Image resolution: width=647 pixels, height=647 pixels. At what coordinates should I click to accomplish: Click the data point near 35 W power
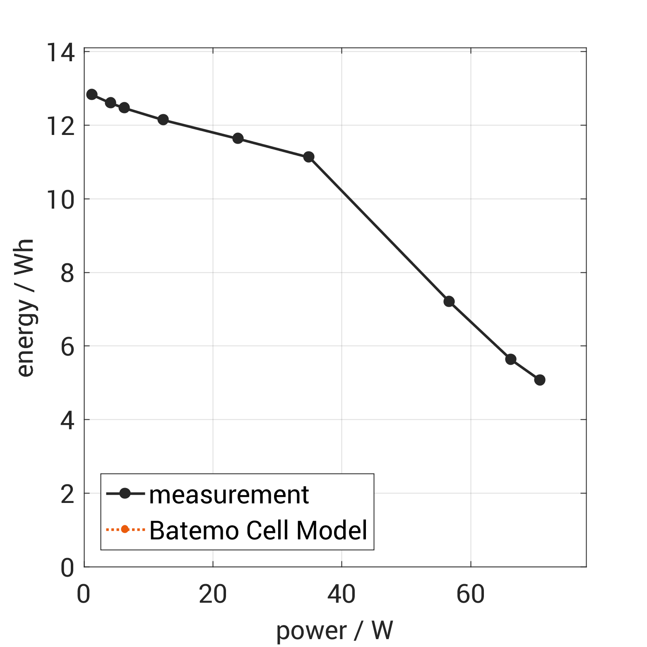click(x=308, y=157)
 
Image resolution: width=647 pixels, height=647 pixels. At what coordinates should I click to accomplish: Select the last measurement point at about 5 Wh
click(x=539, y=380)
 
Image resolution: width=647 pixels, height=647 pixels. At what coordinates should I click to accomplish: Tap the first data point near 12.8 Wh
click(x=92, y=94)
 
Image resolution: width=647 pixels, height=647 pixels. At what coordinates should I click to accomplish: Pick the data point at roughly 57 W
click(x=449, y=301)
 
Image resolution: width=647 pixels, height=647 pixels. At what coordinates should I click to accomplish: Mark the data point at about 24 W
click(x=238, y=138)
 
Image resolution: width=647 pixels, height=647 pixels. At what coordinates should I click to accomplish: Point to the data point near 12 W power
click(x=163, y=120)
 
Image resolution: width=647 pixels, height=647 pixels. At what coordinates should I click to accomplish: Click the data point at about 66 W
click(x=510, y=359)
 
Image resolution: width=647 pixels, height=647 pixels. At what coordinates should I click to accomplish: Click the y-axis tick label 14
click(x=61, y=53)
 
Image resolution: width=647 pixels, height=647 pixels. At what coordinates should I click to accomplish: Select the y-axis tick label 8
click(x=67, y=273)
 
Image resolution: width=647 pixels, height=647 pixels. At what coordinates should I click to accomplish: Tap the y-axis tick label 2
click(x=67, y=493)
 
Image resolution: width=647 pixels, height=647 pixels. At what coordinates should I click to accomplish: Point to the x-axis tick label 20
click(x=212, y=594)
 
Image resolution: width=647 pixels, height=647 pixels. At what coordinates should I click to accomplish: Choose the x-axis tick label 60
click(x=470, y=594)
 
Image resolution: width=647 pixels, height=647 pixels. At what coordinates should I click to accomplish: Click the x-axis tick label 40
click(x=341, y=594)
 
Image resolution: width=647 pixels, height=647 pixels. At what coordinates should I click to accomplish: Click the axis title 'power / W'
click(x=334, y=630)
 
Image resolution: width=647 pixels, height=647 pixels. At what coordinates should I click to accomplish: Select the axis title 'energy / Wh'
click(x=26, y=308)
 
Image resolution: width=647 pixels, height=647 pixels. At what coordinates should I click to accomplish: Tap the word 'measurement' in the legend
click(x=229, y=495)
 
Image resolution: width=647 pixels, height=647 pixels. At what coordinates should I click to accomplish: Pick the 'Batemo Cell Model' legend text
click(x=258, y=530)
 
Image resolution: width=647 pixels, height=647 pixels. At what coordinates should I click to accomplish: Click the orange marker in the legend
click(x=125, y=529)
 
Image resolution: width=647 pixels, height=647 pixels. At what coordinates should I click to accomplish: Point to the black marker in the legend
click(x=125, y=493)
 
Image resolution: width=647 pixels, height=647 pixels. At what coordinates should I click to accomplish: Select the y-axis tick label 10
click(x=61, y=199)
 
